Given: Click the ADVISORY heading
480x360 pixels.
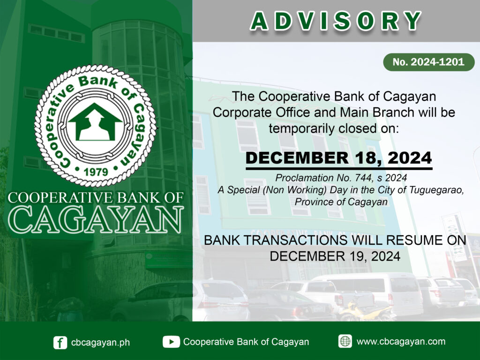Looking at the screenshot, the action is (x=336, y=21).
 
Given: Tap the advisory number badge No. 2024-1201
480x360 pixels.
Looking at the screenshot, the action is (x=428, y=62).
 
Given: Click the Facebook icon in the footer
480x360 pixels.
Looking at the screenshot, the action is (x=60, y=342).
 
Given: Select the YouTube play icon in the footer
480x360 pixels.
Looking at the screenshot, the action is (x=171, y=342).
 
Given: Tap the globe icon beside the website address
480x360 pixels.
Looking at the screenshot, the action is (x=345, y=341).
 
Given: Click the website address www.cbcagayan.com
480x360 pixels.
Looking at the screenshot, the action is (x=401, y=341).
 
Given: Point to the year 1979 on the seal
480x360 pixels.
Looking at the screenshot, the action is (x=96, y=172).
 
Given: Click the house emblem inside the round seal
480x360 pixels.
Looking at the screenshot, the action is (x=95, y=122).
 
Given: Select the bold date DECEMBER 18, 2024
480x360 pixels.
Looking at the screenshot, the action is (x=338, y=158).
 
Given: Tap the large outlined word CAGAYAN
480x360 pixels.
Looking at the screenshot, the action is (x=96, y=219).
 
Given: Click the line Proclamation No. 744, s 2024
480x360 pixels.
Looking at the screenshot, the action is (x=341, y=178).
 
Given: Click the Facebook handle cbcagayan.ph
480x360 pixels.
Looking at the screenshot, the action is (x=100, y=343).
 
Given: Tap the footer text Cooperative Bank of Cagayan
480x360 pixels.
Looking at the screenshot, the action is (x=246, y=342).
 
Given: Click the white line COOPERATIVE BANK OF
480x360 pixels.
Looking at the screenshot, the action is (x=96, y=198).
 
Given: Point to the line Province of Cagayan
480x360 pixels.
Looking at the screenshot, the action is (x=341, y=202).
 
